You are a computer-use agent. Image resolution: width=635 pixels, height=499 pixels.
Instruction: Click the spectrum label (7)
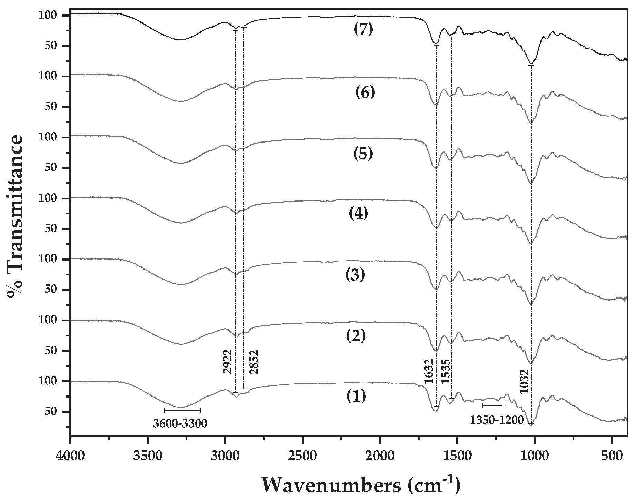pos(363,29)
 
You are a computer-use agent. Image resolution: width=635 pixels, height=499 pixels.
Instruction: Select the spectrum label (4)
pos(358,214)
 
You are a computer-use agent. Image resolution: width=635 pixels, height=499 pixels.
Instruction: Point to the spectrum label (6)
pos(365,92)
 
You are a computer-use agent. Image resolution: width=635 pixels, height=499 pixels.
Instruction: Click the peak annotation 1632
pos(429,371)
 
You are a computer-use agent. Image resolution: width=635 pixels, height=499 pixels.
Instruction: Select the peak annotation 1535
pos(445,371)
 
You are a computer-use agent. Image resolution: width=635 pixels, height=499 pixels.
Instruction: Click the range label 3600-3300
pos(180,423)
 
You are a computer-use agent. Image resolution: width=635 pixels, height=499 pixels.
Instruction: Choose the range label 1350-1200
pos(497,420)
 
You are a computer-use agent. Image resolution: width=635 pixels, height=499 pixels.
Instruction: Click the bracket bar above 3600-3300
pos(182,410)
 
